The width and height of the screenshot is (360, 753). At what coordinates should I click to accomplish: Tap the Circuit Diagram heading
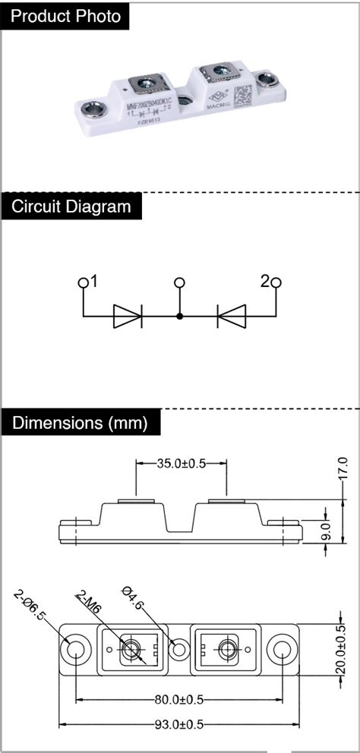pos(71,206)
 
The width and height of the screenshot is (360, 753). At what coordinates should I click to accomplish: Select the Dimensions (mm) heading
pos(79,422)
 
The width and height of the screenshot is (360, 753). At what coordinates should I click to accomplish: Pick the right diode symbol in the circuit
pos(231,316)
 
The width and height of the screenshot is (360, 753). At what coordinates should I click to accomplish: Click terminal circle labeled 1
pos(83,283)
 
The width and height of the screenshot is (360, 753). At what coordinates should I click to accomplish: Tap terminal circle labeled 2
pos(276,283)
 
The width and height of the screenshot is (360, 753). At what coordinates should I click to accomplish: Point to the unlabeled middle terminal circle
pos(180,283)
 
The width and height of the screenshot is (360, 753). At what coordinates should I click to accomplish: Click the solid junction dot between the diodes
pos(180,316)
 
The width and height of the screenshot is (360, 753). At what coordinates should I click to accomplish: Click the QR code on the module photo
pos(242,97)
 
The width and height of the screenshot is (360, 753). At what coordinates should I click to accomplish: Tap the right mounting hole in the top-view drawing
pos(283,650)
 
